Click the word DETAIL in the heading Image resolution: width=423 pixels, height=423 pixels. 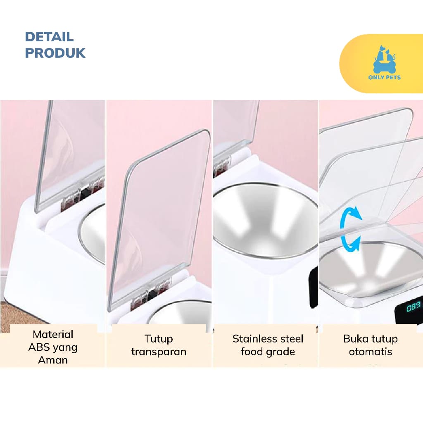click(x=49, y=37)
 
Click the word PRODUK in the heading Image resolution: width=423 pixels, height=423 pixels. click(x=55, y=53)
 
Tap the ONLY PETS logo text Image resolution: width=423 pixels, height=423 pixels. click(x=385, y=77)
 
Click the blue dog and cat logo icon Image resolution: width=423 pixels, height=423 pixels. click(x=385, y=59)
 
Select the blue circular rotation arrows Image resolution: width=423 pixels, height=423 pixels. click(x=351, y=229)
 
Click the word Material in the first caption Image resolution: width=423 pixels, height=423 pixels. click(x=53, y=334)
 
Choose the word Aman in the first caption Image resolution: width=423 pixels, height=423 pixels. click(x=53, y=360)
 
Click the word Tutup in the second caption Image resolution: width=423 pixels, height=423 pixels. click(x=159, y=339)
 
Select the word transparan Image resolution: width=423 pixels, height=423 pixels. click(x=159, y=352)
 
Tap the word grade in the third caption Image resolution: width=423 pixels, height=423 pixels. click(x=280, y=352)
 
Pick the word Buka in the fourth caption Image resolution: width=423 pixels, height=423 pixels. click(x=355, y=339)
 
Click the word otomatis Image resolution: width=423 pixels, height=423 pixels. click(x=371, y=352)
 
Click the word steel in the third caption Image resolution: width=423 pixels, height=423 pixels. click(x=290, y=339)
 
